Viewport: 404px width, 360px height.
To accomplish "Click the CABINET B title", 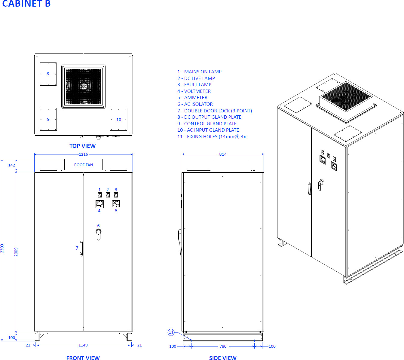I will click(x=26, y=4).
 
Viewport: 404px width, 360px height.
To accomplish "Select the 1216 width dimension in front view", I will click(x=83, y=154).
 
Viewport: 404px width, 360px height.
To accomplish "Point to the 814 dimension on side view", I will click(x=223, y=154).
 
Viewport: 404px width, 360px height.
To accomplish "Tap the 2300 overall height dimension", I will click(x=2, y=248).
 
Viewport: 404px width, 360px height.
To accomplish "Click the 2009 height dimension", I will click(x=16, y=252).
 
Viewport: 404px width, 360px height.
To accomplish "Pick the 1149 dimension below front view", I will click(x=83, y=345).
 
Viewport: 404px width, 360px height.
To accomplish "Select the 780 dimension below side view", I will click(x=223, y=346).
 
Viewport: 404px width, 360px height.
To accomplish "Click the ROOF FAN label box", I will click(x=83, y=165).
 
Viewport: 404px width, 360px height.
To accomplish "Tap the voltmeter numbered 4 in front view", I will click(x=99, y=204).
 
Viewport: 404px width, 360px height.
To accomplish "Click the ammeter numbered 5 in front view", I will click(x=116, y=204).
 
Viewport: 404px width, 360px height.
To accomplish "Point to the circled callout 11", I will click(x=171, y=332).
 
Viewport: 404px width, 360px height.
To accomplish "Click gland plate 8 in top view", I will click(x=48, y=74).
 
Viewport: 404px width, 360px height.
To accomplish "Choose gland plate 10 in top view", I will click(x=118, y=119).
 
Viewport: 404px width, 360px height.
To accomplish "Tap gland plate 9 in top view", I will click(x=48, y=119).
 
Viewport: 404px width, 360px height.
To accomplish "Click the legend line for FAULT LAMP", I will click(x=194, y=85).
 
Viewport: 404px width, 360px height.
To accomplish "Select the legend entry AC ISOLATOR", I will click(x=195, y=104).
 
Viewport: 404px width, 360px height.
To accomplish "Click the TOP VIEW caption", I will click(x=82, y=146).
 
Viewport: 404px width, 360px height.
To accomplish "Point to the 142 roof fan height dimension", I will click(x=11, y=165).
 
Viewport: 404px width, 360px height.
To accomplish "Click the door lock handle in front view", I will click(x=81, y=249).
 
